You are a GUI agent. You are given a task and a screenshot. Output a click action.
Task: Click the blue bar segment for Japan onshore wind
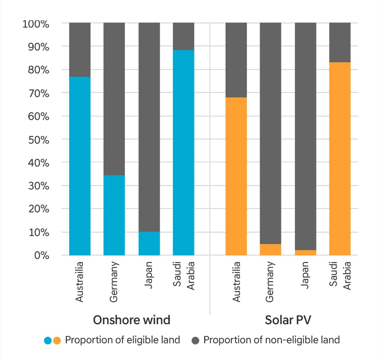pyautogui.click(x=149, y=243)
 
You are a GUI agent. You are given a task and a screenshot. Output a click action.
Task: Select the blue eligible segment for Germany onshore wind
pyautogui.click(x=114, y=215)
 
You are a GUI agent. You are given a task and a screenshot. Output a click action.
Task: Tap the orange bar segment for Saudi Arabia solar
pyautogui.click(x=340, y=159)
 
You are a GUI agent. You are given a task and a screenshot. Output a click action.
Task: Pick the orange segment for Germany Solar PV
pyautogui.click(x=270, y=250)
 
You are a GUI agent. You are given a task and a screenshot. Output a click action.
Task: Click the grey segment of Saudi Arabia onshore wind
pyautogui.click(x=184, y=36)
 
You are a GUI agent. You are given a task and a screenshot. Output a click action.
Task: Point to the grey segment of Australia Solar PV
pyautogui.click(x=236, y=60)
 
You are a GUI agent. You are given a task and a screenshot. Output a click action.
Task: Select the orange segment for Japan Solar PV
pyautogui.click(x=305, y=253)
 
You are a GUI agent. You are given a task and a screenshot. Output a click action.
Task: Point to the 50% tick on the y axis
pyautogui.click(x=36, y=140)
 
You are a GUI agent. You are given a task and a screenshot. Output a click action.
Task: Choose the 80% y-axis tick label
pyautogui.click(x=36, y=70)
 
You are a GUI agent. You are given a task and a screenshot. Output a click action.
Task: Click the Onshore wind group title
pyautogui.click(x=132, y=320)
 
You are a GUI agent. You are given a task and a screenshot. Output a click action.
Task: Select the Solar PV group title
pyautogui.click(x=288, y=320)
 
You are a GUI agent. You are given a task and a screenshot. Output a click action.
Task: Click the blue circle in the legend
pyautogui.click(x=48, y=341)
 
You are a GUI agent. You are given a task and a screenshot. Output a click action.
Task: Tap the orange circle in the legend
pyautogui.click(x=57, y=341)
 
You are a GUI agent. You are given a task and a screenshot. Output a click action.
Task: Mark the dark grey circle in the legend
pyautogui.click(x=195, y=341)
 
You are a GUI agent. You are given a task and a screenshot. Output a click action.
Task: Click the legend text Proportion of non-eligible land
pyautogui.click(x=272, y=340)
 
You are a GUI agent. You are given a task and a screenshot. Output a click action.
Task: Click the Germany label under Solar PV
pyautogui.click(x=271, y=281)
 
